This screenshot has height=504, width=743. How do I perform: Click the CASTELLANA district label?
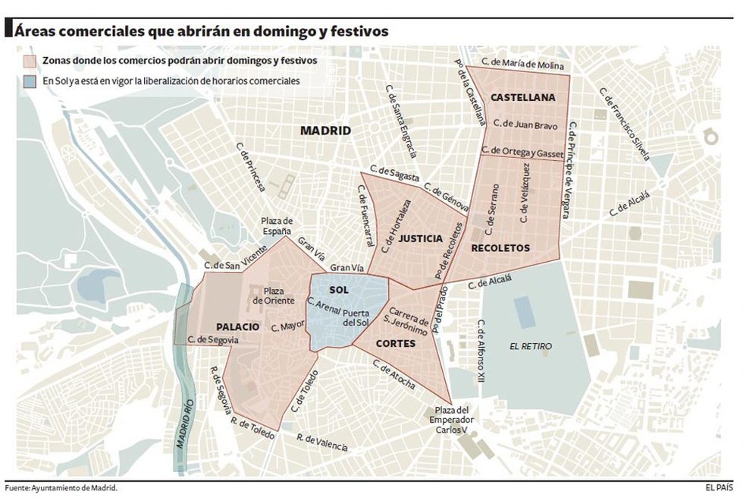pyautogui.click(x=522, y=98)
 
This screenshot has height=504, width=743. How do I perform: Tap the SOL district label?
pyautogui.click(x=340, y=290)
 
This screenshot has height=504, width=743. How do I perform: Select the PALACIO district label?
pyautogui.click(x=237, y=326)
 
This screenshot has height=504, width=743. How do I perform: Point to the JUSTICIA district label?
pyautogui.click(x=420, y=238)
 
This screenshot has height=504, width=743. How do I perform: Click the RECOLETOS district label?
pyautogui.click(x=500, y=247)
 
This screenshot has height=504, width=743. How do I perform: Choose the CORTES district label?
pyautogui.click(x=395, y=344)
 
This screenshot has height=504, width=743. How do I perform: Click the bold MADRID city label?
pyautogui.click(x=325, y=131)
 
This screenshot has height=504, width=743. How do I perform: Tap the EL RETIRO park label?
pyautogui.click(x=531, y=346)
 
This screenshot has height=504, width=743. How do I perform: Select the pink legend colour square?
pyautogui.click(x=30, y=60)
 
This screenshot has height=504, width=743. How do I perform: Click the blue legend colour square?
pyautogui.click(x=30, y=80)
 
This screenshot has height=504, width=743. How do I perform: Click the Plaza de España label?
pyautogui.click(x=277, y=225)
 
